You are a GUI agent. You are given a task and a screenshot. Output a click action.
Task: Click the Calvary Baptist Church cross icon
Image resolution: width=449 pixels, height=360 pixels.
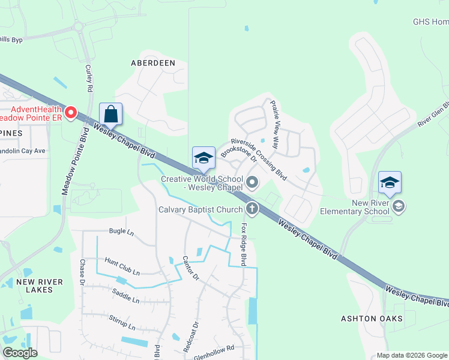point(252,209)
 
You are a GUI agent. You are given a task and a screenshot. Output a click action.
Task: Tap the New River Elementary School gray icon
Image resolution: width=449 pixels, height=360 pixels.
point(398,207)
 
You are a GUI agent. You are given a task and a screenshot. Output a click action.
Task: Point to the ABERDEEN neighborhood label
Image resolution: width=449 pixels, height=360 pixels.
point(153,63)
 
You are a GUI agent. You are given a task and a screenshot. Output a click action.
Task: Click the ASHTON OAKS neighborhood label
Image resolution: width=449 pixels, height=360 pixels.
point(380,318)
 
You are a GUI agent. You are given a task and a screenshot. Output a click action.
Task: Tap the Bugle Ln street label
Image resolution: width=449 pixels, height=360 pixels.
point(121,231)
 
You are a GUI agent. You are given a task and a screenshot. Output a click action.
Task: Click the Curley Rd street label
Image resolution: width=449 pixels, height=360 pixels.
point(89,78)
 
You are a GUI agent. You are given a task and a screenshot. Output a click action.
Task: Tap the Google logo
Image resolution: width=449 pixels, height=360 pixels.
point(20,353)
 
